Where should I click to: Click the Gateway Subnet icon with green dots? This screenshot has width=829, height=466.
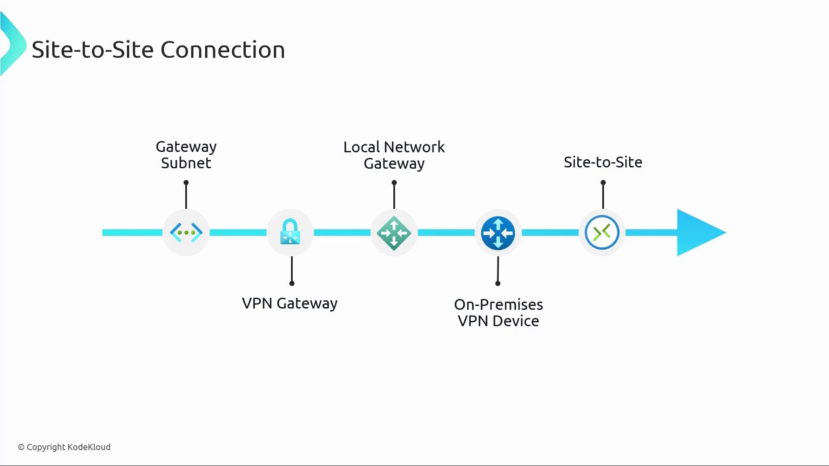coord(186,233)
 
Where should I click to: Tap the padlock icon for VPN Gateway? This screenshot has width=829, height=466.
coord(290,232)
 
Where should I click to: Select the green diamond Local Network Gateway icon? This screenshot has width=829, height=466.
coord(394,233)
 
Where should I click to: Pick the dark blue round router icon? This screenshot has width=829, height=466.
coord(498,233)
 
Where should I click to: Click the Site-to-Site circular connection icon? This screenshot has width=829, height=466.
coord(602,233)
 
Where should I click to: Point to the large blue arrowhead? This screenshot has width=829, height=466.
coord(699,233)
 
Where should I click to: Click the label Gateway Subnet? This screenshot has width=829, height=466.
coord(186,155)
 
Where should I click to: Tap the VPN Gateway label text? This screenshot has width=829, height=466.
coord(289,303)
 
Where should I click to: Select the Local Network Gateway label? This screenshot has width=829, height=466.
coord(394,155)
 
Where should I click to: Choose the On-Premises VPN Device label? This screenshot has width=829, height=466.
coord(498,313)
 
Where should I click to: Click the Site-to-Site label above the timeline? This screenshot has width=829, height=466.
coord(603,162)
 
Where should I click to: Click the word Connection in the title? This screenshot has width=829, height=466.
coord(223,50)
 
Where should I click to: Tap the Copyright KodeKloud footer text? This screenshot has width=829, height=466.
coord(64,447)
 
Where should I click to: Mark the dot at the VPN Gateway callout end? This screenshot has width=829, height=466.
coord(292,283)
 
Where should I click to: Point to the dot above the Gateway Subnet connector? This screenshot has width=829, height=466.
coord(186,183)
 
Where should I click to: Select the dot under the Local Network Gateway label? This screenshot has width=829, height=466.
coord(394,183)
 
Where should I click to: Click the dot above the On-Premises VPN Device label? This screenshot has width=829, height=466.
coord(498,283)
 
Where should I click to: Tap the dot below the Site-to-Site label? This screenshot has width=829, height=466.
coord(603,183)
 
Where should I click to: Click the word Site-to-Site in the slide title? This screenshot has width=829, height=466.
coord(92,50)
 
